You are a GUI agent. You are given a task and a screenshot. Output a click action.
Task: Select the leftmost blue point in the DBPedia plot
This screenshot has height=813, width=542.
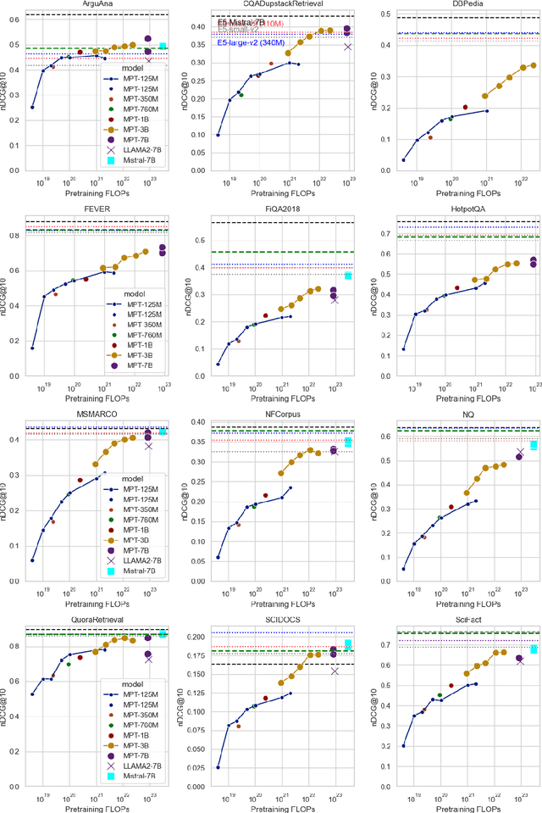pos(403,159)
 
